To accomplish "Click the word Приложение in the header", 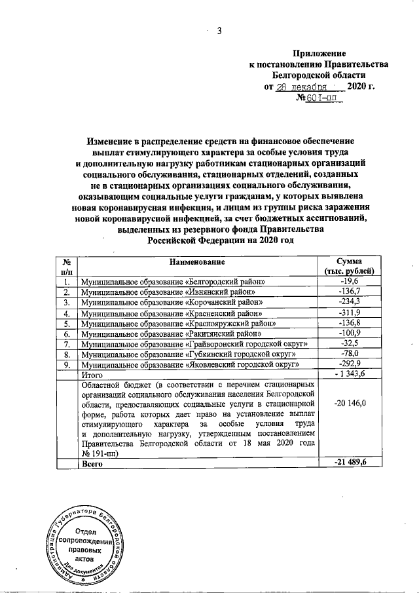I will [x=319, y=52].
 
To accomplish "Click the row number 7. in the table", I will [x=66, y=344].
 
